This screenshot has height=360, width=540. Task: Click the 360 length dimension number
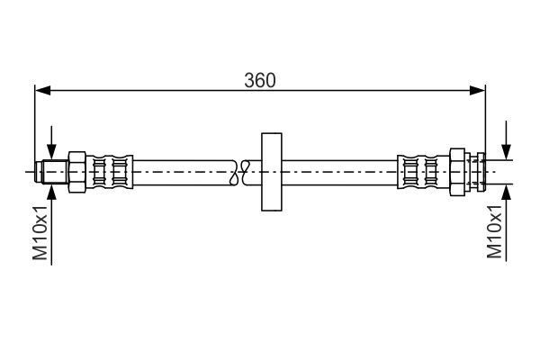click(x=260, y=79)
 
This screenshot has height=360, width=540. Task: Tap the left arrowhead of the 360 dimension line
click(x=41, y=90)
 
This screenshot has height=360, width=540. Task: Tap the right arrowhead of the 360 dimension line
click(x=479, y=90)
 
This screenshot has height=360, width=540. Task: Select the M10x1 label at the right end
click(x=493, y=231)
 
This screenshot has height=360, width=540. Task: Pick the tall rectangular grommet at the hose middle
click(x=270, y=170)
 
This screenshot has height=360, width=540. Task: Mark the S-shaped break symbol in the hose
click(x=238, y=170)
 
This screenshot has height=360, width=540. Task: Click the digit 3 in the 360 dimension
click(x=249, y=79)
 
